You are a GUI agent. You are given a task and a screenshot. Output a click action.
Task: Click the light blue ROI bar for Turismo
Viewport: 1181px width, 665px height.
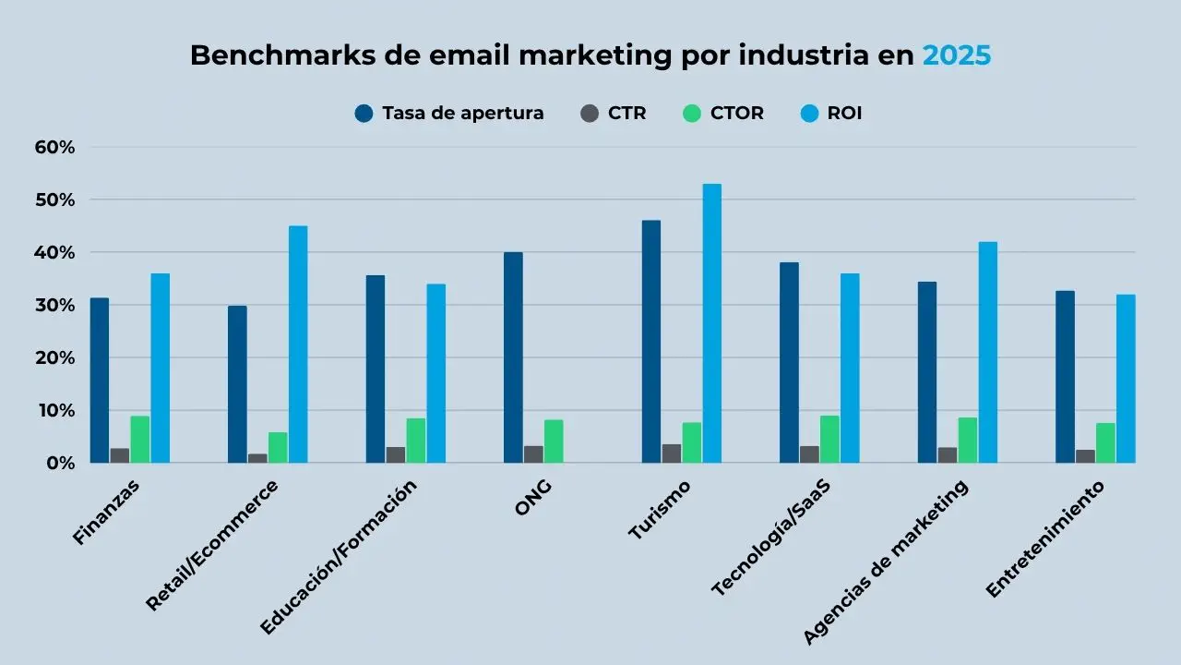tap(711, 323)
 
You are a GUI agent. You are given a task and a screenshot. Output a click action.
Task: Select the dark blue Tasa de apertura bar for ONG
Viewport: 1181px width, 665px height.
tap(513, 357)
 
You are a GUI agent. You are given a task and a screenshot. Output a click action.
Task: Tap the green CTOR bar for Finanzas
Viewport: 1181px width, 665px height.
tap(139, 440)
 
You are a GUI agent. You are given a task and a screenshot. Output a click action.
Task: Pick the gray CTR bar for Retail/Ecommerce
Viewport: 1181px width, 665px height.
tap(257, 458)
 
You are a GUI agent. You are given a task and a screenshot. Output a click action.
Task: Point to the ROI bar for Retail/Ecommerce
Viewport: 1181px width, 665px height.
tap(297, 345)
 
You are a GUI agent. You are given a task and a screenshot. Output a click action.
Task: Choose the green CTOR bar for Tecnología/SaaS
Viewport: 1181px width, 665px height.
tap(829, 440)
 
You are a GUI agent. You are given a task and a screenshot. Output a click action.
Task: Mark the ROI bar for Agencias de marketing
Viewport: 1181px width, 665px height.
tap(987, 352)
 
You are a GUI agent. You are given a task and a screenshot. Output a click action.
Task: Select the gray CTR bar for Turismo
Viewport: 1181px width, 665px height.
tap(671, 453)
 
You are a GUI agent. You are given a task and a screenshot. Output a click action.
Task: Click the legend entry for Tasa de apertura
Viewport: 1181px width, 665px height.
tap(450, 114)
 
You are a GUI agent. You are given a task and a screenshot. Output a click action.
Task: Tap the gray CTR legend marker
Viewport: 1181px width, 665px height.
tap(590, 114)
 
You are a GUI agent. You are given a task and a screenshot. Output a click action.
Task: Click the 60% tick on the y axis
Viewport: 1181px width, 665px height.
tap(55, 147)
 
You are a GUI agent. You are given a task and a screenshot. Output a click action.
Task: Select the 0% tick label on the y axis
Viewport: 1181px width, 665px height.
tap(61, 463)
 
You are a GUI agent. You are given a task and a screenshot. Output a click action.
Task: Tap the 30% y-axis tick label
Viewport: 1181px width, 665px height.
tap(55, 305)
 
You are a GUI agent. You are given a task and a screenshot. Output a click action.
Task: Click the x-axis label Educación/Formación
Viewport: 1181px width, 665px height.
tap(339, 556)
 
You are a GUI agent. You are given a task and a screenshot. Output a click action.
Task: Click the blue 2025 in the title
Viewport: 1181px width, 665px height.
tap(957, 55)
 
